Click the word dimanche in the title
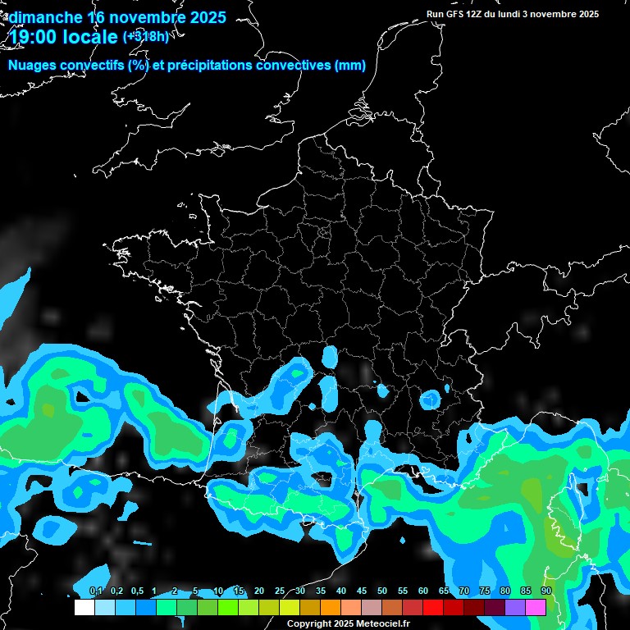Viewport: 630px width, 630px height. (45, 17)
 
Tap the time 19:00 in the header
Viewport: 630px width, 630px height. (38, 36)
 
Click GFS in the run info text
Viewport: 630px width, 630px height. (456, 14)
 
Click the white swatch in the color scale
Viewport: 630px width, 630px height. (84, 608)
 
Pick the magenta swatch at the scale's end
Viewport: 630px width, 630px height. (536, 608)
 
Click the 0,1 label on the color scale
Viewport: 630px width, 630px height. (96, 591)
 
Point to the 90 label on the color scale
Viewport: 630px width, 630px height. (546, 591)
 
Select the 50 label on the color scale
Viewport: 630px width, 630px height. (382, 591)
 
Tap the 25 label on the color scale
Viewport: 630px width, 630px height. (280, 591)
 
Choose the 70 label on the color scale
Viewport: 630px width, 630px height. (464, 591)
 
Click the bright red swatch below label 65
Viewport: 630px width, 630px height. (433, 608)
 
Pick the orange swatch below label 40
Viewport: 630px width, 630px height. (331, 608)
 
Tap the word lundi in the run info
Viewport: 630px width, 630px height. (522, 14)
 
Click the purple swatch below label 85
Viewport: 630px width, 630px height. (515, 608)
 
